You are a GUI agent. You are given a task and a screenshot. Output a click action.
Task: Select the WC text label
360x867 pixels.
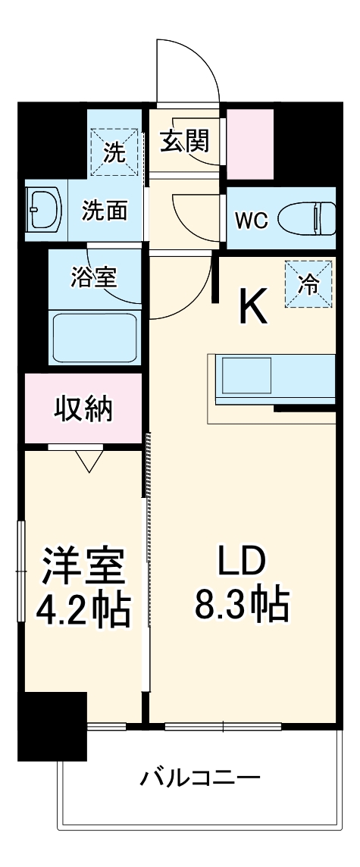tap(250, 220)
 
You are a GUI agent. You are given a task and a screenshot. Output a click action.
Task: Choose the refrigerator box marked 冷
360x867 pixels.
tap(308, 284)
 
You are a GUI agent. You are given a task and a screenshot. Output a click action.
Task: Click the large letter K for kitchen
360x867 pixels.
tap(253, 306)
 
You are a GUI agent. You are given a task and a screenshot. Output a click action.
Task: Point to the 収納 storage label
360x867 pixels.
tap(83, 408)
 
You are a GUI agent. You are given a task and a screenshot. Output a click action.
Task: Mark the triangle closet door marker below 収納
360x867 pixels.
tap(89, 460)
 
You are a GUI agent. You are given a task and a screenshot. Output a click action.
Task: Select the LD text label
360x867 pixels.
tap(243, 564)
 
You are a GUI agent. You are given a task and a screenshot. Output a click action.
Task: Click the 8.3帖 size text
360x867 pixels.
tap(243, 605)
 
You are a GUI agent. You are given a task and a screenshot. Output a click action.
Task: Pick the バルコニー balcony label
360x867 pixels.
tap(201, 778)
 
